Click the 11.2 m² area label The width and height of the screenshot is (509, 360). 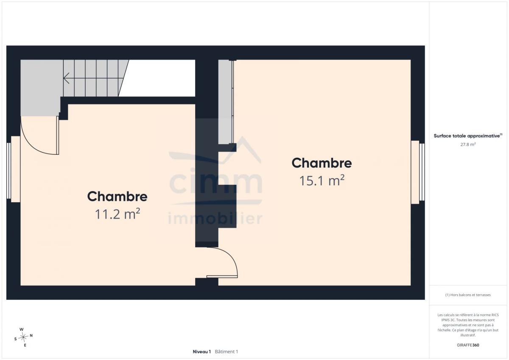point(117,214)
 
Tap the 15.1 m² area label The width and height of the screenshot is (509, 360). point(322,181)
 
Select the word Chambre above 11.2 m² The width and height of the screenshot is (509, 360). point(117,196)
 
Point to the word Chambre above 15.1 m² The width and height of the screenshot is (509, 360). point(322,163)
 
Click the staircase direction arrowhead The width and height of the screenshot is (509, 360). point(66,78)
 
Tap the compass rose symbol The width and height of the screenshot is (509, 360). point(23,337)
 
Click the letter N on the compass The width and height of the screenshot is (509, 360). point(31,335)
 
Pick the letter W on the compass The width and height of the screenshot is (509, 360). point(22,329)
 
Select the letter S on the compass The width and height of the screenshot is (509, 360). point(15,339)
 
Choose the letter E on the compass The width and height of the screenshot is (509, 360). point(25,345)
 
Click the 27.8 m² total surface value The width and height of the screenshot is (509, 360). point(468,144)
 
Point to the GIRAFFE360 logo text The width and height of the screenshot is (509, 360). point(468,345)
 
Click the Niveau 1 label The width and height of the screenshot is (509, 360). point(202,352)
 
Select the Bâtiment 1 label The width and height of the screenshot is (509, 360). point(227,352)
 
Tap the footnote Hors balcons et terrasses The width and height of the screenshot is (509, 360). point(468,295)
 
